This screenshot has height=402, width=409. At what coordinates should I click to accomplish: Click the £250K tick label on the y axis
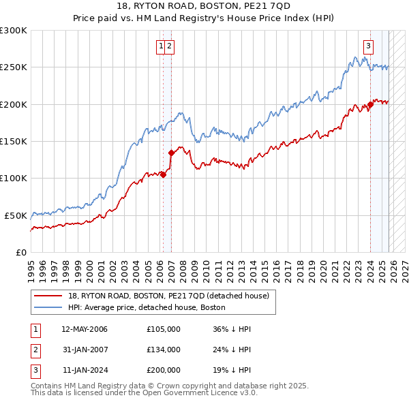click(14, 67)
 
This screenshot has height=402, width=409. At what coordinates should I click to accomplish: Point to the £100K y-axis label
click(14, 178)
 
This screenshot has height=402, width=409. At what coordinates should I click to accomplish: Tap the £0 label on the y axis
click(22, 252)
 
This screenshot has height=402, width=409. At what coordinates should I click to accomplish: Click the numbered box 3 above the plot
click(368, 46)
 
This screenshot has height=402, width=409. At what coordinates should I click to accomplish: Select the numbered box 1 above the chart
click(161, 46)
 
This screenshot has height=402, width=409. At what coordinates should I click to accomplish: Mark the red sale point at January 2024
click(370, 104)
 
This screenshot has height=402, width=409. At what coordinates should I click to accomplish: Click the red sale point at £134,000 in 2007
click(171, 153)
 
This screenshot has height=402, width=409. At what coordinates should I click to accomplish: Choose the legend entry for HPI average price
click(151, 307)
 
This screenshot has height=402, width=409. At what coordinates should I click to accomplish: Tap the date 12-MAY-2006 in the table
click(85, 329)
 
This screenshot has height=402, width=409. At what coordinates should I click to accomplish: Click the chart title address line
click(205, 5)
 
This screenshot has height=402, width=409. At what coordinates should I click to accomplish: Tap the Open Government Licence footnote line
click(144, 393)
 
